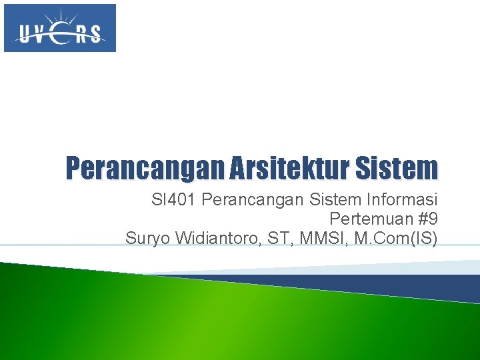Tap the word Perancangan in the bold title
(144, 169)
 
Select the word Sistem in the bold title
(398, 169)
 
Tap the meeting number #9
(427, 219)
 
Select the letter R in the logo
(81, 34)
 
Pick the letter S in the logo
(96, 34)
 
